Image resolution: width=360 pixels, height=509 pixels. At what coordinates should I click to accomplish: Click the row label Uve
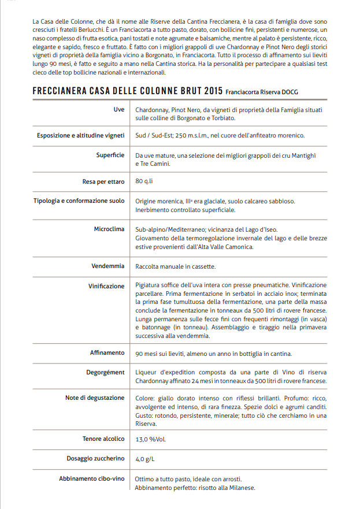[118, 110]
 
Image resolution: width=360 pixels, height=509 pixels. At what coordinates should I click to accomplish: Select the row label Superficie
[110, 155]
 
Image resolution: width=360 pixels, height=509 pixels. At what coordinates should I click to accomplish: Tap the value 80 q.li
[144, 181]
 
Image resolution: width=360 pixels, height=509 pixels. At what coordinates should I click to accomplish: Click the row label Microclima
[109, 229]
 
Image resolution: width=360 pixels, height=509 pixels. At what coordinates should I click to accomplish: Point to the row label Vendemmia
[107, 266]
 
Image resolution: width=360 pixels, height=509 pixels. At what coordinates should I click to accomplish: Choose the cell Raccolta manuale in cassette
[175, 266]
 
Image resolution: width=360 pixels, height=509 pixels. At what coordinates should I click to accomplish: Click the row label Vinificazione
[106, 285]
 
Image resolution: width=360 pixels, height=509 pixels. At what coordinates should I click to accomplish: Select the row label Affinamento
[107, 352]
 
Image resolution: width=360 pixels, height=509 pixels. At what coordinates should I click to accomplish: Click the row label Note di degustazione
[95, 398]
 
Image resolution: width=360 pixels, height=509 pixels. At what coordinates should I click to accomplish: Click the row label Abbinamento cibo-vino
[91, 479]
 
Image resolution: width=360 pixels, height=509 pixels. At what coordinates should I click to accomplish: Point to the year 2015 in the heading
[213, 91]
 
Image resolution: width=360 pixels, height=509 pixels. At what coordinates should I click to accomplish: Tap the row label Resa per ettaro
[103, 181]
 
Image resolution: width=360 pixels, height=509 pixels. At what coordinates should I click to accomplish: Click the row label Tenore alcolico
[103, 439]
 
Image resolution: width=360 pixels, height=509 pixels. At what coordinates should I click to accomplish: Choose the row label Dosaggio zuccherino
[95, 458]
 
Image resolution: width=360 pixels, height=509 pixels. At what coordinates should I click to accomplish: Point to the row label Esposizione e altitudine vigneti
[80, 135]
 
